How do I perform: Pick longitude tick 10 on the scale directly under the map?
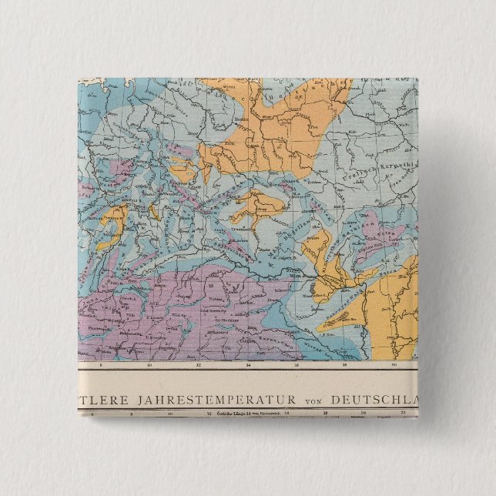pyautogui.click(x=149, y=366)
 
